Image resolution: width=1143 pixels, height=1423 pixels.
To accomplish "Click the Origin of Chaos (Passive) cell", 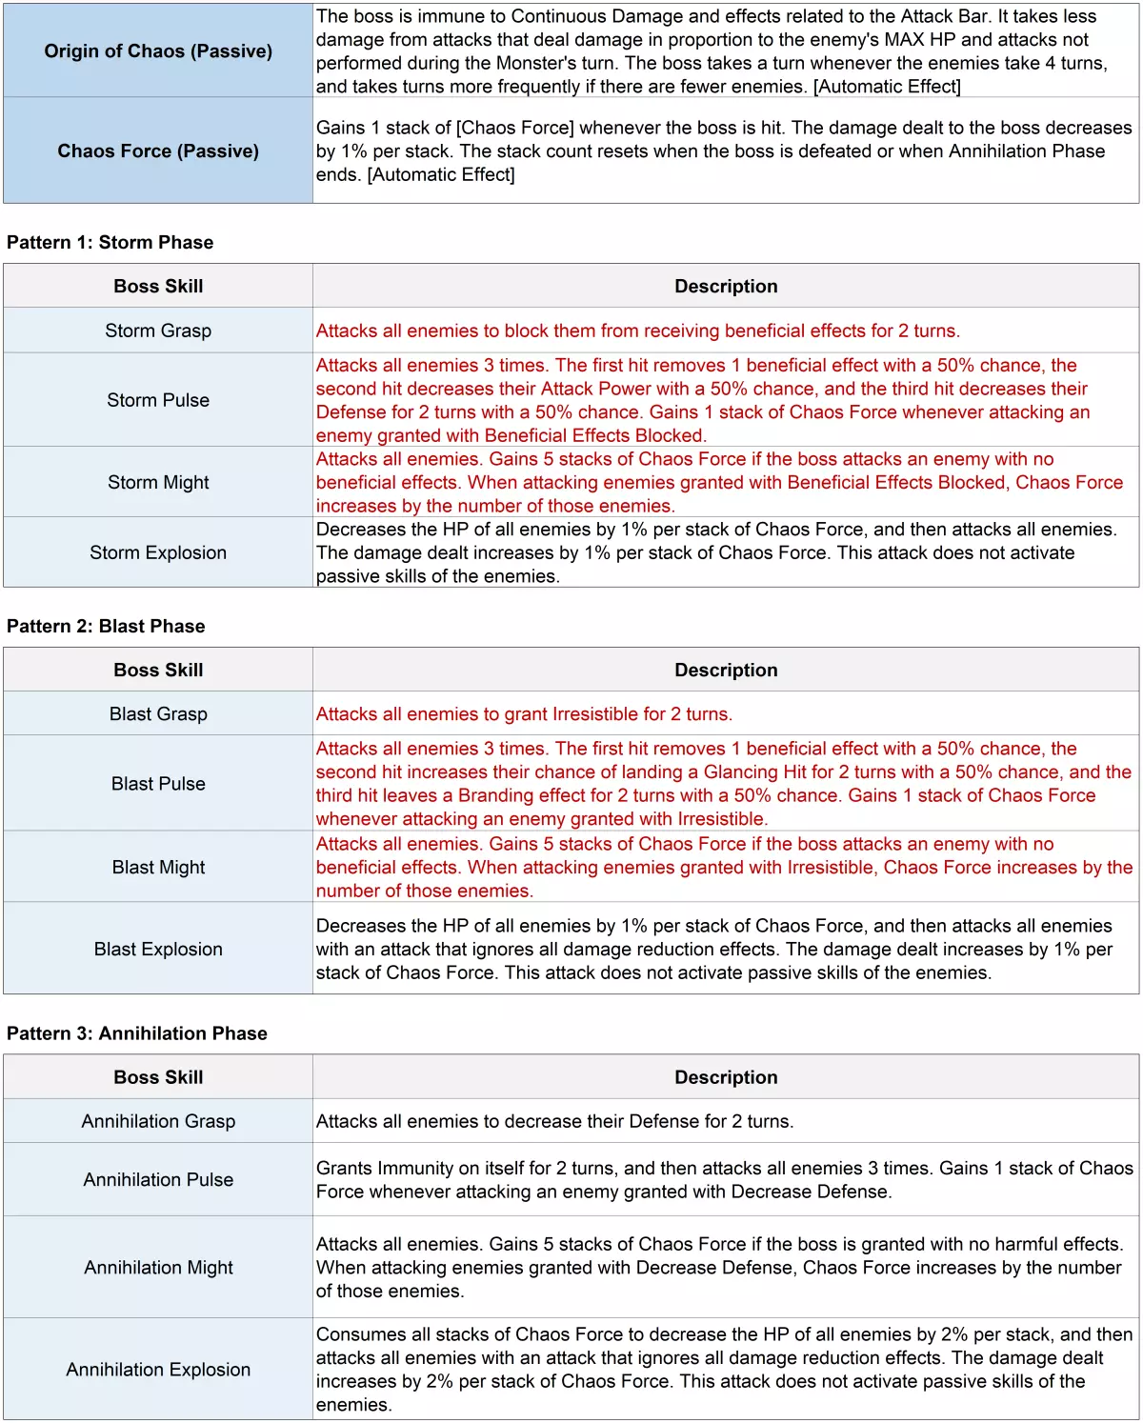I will (x=158, y=51).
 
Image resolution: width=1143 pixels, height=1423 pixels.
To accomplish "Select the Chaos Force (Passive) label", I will (x=158, y=150).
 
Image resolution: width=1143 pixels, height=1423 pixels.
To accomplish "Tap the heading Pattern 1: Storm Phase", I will (x=110, y=242).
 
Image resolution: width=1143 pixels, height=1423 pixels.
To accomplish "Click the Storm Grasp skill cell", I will (x=158, y=331).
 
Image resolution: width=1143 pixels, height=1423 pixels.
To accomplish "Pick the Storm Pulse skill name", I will (x=158, y=400).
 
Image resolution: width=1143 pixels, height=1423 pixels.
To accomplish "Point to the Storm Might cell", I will (x=158, y=482).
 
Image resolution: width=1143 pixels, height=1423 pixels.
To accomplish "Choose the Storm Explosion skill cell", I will (x=158, y=552).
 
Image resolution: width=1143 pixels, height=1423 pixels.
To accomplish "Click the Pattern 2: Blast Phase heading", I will (x=106, y=626).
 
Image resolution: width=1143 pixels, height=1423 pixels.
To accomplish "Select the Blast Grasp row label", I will (x=158, y=713).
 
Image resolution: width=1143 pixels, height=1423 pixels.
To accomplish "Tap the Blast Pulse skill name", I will (x=158, y=783).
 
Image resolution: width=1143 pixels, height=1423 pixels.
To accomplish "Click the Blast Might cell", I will (x=158, y=867).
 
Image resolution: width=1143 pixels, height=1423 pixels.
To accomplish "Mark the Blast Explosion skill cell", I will (x=158, y=949).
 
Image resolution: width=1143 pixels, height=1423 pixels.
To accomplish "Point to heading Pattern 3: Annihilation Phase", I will (x=137, y=1033).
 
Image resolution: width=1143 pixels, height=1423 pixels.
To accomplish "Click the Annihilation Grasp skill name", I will (x=158, y=1121).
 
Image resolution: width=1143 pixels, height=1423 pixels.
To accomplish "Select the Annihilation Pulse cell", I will (x=158, y=1179).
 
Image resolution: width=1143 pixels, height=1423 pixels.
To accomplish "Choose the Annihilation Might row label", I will (x=158, y=1267).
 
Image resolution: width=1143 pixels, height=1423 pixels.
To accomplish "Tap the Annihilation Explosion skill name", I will (x=158, y=1369).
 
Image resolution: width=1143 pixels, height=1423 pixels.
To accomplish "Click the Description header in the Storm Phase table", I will (x=726, y=286).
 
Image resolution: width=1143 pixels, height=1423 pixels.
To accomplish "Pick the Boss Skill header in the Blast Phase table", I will (x=158, y=670).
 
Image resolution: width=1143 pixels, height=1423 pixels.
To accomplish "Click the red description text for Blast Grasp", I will (x=524, y=713).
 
